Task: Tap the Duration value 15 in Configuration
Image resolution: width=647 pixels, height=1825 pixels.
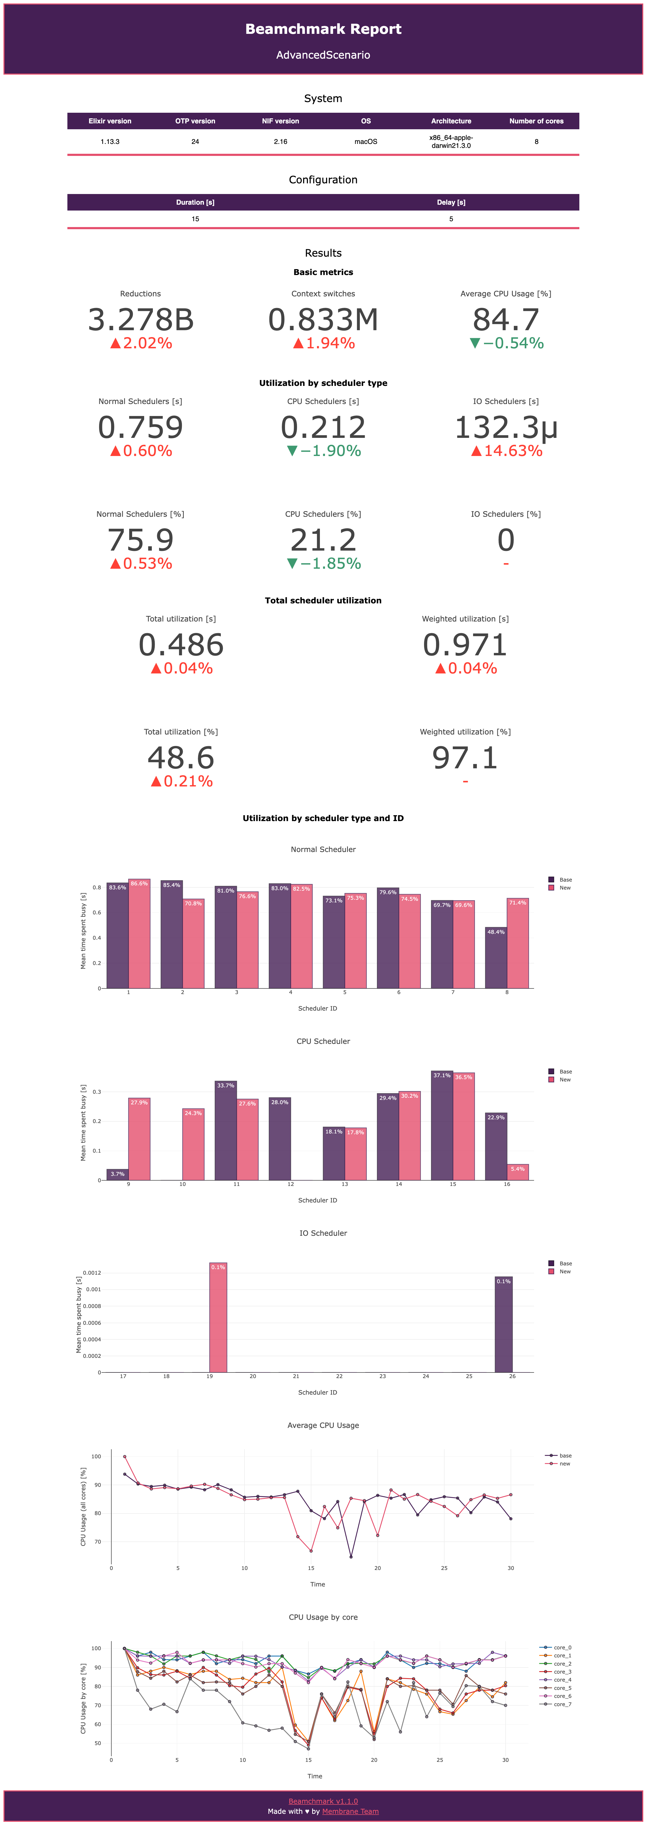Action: click(195, 219)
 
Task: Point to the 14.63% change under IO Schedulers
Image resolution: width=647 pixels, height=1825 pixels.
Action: click(507, 451)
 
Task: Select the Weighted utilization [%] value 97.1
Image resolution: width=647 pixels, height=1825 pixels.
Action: click(465, 758)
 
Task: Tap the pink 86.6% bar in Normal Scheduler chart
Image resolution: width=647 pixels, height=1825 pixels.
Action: click(140, 935)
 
